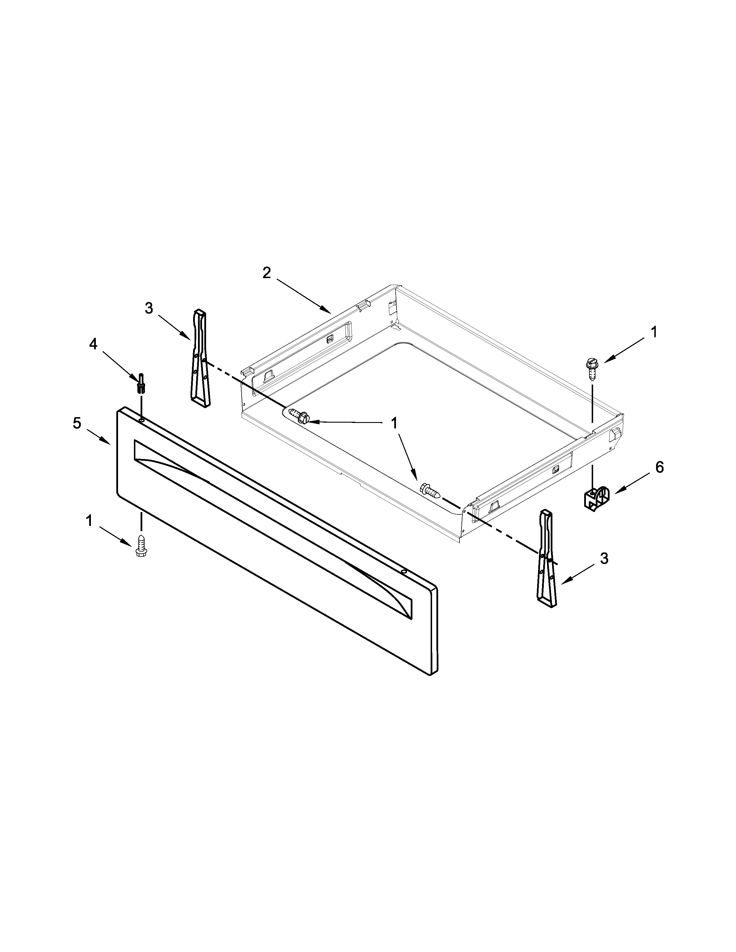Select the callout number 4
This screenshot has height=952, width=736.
tap(93, 344)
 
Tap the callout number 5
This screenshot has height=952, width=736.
tap(77, 423)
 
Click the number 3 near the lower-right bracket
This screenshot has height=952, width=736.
tap(604, 559)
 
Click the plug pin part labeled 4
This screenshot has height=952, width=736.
tap(141, 384)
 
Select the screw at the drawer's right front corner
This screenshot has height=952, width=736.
tap(429, 490)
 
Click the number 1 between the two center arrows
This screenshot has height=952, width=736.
tap(394, 423)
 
